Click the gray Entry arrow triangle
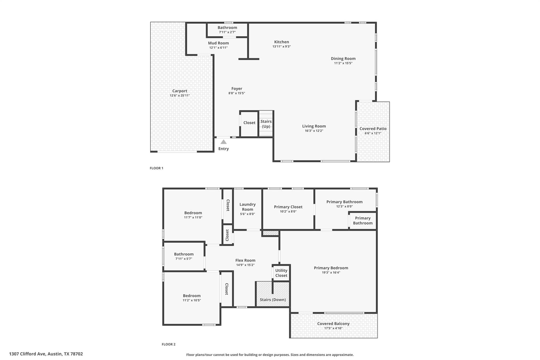(x=223, y=142)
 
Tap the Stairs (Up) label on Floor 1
(x=266, y=124)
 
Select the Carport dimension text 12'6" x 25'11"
(x=180, y=95)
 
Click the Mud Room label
(x=218, y=43)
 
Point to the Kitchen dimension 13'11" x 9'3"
(x=281, y=46)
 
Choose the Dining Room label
(x=343, y=59)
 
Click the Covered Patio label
(x=373, y=129)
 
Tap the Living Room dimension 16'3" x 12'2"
(x=314, y=131)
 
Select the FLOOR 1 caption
(x=156, y=168)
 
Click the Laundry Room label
(x=247, y=207)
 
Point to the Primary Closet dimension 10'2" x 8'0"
(x=288, y=211)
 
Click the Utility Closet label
(x=281, y=273)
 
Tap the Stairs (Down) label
(x=273, y=300)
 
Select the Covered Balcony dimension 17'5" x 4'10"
(x=333, y=328)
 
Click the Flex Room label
(x=245, y=260)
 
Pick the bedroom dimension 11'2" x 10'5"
(x=192, y=300)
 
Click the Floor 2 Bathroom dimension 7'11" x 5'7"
(x=184, y=259)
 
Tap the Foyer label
(x=237, y=89)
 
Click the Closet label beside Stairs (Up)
(x=249, y=123)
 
